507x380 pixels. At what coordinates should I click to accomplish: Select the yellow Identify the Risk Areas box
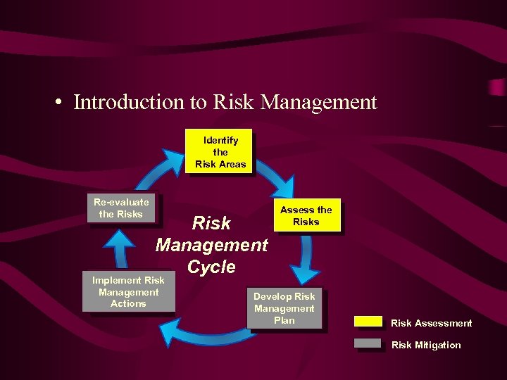220,152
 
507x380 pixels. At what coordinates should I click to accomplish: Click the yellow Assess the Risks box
306,215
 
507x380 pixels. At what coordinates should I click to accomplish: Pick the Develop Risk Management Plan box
284,308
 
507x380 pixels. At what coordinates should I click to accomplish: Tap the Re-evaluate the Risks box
120,208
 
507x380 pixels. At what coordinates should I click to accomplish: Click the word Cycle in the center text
211,267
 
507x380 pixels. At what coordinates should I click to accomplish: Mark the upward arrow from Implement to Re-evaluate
120,247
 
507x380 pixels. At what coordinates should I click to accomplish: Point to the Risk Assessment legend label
431,323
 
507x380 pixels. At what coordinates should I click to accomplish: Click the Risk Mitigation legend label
425,345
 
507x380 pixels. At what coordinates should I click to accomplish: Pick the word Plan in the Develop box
284,320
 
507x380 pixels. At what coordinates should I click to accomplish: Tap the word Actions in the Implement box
128,304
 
